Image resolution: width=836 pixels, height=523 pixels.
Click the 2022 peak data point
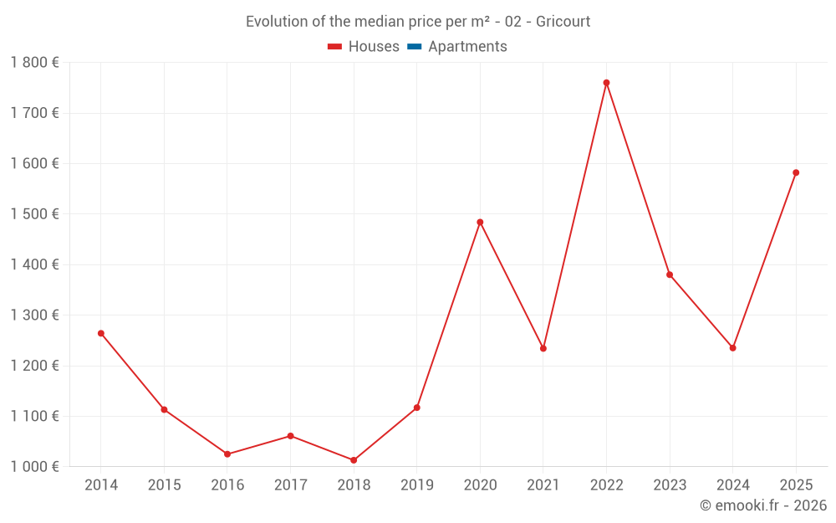point(606,83)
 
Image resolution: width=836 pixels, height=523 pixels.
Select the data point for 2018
point(354,460)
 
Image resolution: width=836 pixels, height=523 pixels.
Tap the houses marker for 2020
point(480,222)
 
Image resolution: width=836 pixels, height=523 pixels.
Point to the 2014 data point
point(101,333)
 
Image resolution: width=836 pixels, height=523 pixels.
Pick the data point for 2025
point(796,172)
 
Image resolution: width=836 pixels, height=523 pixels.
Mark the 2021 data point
point(543,348)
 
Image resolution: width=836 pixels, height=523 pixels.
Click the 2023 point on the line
point(670,274)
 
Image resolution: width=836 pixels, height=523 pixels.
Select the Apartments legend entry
point(467,47)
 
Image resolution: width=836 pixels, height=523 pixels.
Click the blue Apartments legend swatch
point(415,47)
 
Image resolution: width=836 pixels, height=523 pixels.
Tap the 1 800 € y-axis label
point(34,62)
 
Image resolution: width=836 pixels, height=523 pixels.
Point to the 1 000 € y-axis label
point(34,466)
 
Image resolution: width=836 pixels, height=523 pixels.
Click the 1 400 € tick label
point(34,264)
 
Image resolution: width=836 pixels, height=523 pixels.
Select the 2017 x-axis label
point(290,485)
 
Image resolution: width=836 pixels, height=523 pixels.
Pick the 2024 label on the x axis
point(732,485)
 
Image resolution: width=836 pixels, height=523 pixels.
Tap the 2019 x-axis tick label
point(416,485)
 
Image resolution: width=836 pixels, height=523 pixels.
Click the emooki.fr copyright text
point(763,505)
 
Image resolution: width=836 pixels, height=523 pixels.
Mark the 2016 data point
point(227,454)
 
